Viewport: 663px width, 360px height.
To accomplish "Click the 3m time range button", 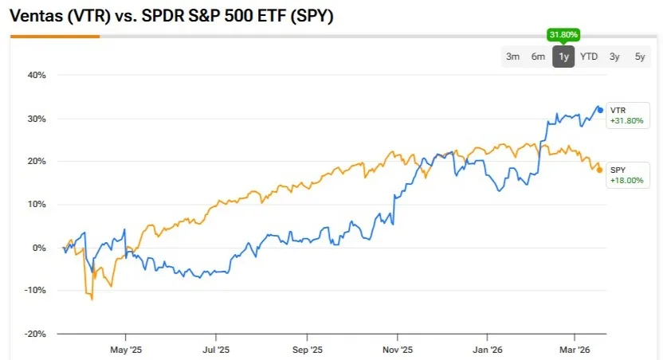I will pos(513,56).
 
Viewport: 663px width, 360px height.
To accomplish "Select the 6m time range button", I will pos(539,56).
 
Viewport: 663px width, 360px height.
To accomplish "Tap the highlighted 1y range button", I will pos(563,56).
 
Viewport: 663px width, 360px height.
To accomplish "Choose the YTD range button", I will pos(589,56).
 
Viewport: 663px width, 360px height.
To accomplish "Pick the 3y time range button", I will pos(614,56).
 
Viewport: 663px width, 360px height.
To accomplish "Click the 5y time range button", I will pos(640,56).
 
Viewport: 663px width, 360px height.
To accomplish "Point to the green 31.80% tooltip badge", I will pos(563,35).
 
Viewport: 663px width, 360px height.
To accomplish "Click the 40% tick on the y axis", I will pos(37,76).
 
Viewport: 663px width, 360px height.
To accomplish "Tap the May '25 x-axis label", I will pos(124,349).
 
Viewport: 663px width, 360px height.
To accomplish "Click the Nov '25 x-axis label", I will pos(398,349).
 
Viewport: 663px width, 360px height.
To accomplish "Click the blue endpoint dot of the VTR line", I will pos(600,110).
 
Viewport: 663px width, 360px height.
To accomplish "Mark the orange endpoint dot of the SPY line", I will pos(599,170).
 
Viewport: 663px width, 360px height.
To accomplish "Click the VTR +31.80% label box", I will pos(626,115).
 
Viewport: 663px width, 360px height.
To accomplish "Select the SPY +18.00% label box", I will pos(626,175).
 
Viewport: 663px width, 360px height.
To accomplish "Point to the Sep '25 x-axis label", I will pos(307,349).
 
